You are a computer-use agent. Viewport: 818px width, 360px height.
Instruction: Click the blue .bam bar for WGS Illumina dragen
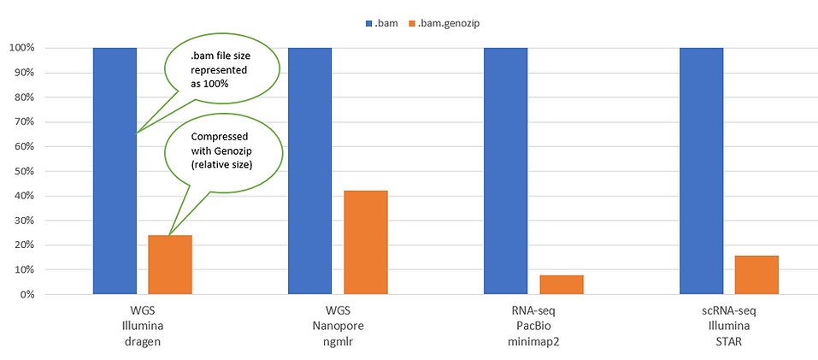[x=115, y=171]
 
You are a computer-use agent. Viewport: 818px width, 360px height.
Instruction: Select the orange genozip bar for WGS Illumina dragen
[x=169, y=264]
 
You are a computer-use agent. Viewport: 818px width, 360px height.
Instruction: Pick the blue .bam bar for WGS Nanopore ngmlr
[x=309, y=171]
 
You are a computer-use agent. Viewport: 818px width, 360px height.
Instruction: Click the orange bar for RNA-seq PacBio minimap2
[x=562, y=284]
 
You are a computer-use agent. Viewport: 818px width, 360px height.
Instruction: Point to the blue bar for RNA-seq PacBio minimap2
[x=505, y=171]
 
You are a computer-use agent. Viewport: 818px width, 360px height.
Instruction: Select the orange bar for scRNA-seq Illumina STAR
[x=757, y=274]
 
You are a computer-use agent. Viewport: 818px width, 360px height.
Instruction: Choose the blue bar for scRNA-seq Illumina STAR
[x=701, y=171]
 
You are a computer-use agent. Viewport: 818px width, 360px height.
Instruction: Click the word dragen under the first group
[x=142, y=339]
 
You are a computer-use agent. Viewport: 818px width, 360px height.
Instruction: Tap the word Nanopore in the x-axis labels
[x=338, y=325]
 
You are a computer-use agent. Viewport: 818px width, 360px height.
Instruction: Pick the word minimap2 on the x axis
[x=533, y=339]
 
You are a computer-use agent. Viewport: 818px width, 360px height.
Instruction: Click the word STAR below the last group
[x=729, y=339]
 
